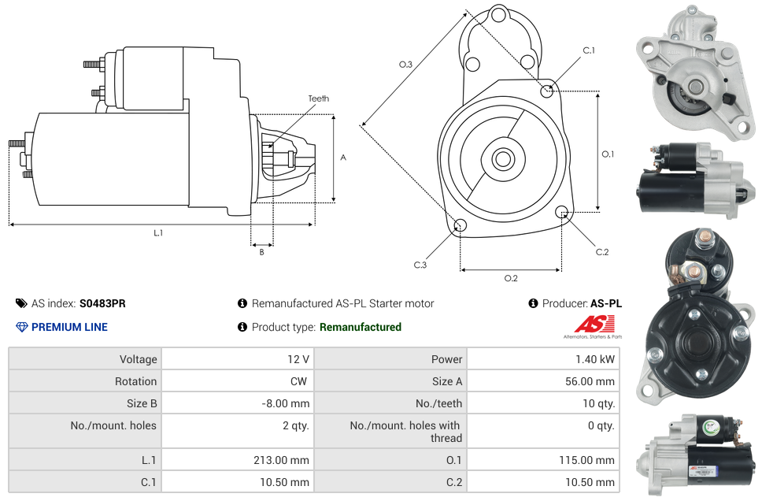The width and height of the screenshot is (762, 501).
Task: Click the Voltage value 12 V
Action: pyautogui.click(x=298, y=359)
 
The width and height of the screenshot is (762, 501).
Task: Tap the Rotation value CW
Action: pyautogui.click(x=299, y=381)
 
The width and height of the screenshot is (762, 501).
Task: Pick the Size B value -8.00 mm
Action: pyautogui.click(x=285, y=403)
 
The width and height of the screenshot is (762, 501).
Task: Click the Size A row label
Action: pyautogui.click(x=447, y=381)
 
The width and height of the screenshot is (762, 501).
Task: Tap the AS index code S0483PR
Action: pyautogui.click(x=102, y=303)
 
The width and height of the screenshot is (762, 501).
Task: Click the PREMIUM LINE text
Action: pyautogui.click(x=69, y=327)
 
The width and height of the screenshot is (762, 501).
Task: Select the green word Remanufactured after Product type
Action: pyautogui.click(x=360, y=327)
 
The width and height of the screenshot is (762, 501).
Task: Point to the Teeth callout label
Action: pyautogui.click(x=318, y=98)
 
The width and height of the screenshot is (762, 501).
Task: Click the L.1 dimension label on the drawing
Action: pyautogui.click(x=158, y=233)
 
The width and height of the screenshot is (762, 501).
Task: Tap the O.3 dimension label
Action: pyautogui.click(x=405, y=65)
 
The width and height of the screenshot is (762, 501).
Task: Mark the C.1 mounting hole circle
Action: pyautogui.click(x=547, y=91)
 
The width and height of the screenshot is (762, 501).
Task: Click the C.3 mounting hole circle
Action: pyautogui.click(x=461, y=227)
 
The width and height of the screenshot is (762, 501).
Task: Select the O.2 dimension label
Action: pyautogui.click(x=511, y=278)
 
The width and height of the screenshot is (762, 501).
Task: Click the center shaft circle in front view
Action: pyautogui.click(x=501, y=159)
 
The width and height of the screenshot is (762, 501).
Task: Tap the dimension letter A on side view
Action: pyautogui.click(x=342, y=158)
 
